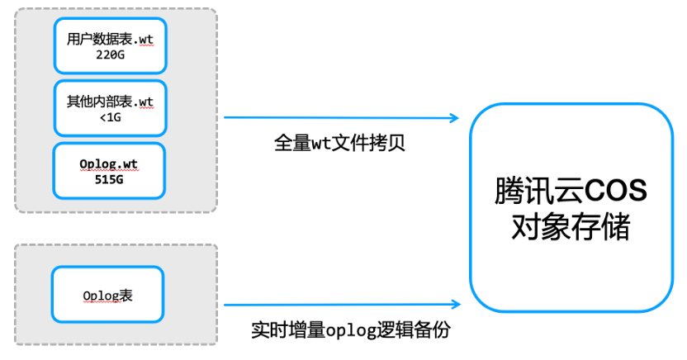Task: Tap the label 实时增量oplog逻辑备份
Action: pos(351,329)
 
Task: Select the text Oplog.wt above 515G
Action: pos(109,164)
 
